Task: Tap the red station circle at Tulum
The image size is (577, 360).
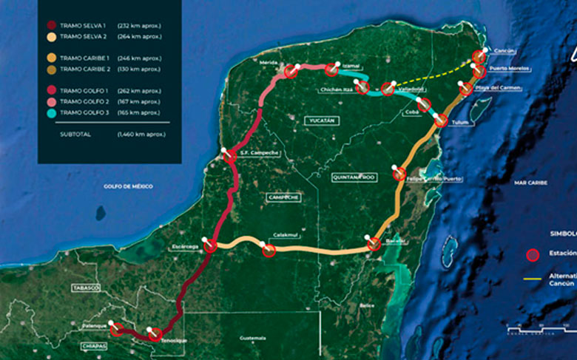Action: tap(441, 121)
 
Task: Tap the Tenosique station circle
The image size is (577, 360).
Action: tap(156, 335)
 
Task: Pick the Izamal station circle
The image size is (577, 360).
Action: tap(331, 69)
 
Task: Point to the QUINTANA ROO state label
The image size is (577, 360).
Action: tap(355, 177)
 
